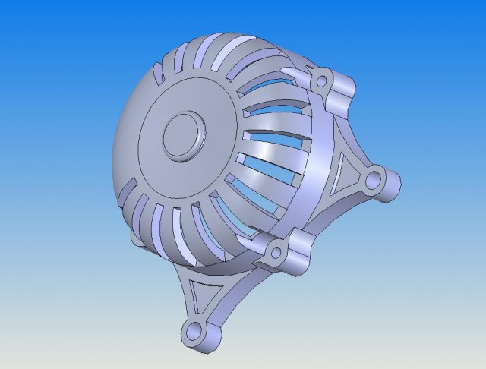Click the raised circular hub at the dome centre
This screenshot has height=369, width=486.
click(x=183, y=135)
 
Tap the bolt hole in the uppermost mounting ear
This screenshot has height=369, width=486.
click(x=322, y=80)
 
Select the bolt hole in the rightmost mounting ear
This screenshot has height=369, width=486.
click(x=373, y=181)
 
